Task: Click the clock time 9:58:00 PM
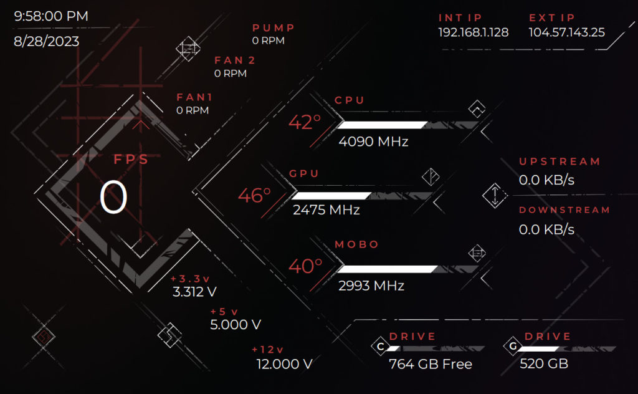pos(51,16)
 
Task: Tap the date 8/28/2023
pos(46,42)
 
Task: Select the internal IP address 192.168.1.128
pos(473,32)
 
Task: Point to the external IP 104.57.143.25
pos(566,32)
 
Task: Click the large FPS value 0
pos(113,199)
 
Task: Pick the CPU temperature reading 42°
pos(304,122)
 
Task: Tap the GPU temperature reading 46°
pos(254,196)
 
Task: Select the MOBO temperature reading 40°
pos(305,267)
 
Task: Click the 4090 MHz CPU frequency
pos(373,142)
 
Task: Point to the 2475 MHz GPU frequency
pos(326,210)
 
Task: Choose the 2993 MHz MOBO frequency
pos(371,286)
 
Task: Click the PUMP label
pos(274,28)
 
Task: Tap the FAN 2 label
pos(235,60)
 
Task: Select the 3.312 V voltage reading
pos(194,292)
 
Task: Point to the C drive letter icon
pos(379,347)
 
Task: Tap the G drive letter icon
pos(513,347)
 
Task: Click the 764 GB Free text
pos(430,364)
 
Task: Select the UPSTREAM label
pos(559,161)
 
